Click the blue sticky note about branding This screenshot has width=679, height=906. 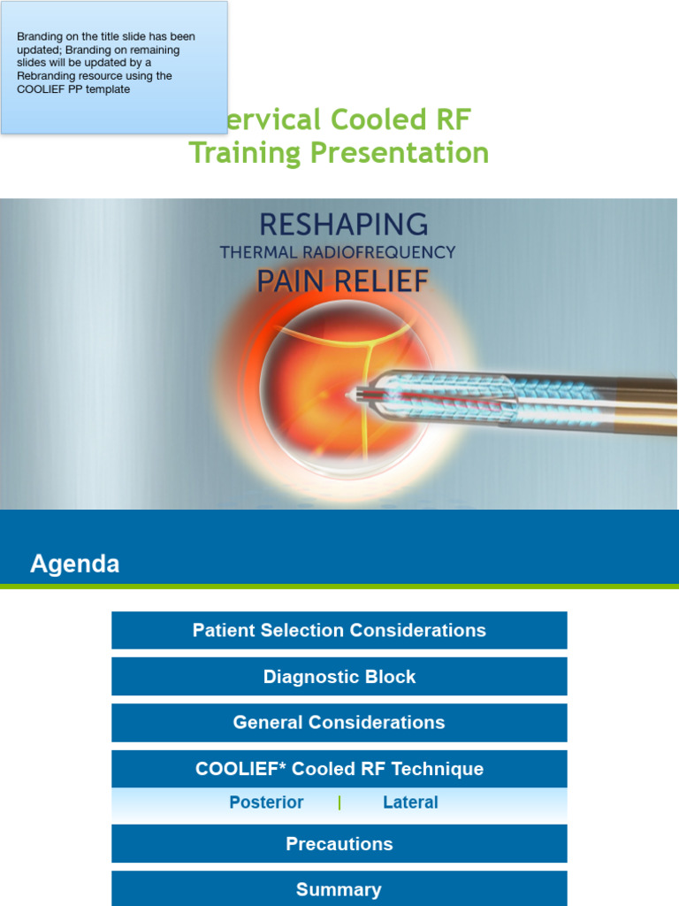pyautogui.click(x=114, y=67)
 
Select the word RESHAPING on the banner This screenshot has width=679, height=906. pyautogui.click(x=341, y=223)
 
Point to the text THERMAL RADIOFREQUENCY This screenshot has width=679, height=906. pyautogui.click(x=338, y=252)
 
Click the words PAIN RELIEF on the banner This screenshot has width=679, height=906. pyautogui.click(x=342, y=281)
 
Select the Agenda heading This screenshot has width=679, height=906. pyautogui.click(x=75, y=564)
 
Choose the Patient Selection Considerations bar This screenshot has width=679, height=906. pyautogui.click(x=339, y=631)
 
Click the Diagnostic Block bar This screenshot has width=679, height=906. pyautogui.click(x=339, y=677)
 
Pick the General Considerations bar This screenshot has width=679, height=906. pyautogui.click(x=339, y=723)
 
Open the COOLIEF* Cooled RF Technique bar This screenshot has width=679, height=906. pyautogui.click(x=339, y=769)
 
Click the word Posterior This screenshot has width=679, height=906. pyautogui.click(x=266, y=802)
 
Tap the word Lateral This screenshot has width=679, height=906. pyautogui.click(x=410, y=802)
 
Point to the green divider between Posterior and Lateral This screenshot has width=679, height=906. pyautogui.click(x=339, y=802)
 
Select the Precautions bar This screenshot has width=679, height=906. pyautogui.click(x=339, y=844)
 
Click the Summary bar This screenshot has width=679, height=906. pyautogui.click(x=339, y=889)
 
